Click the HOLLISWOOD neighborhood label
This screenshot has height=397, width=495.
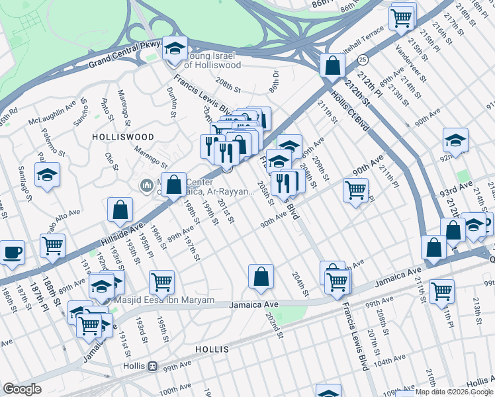[123, 137]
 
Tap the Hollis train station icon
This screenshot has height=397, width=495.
[153, 365]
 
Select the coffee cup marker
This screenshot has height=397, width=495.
[12, 252]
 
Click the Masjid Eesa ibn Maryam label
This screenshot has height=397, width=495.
[165, 300]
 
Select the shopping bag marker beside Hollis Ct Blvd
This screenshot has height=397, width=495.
[332, 66]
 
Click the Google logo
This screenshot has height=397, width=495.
[22, 389]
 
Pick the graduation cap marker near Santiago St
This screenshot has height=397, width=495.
[47, 175]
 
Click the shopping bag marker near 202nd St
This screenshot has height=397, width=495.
[261, 276]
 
